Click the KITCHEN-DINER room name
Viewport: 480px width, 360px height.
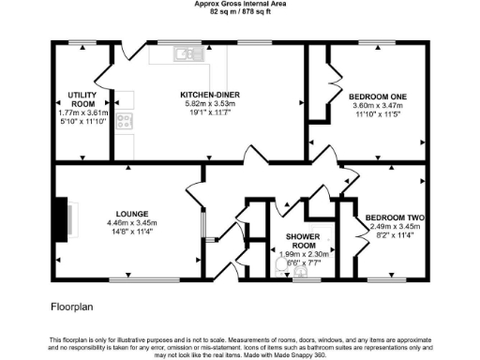(x=212, y=95)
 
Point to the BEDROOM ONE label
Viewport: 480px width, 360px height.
(x=378, y=97)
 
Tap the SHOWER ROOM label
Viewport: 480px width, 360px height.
(x=300, y=241)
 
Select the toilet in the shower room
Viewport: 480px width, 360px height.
(x=280, y=265)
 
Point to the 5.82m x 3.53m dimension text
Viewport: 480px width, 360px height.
(x=212, y=105)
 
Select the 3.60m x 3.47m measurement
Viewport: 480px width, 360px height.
(x=378, y=107)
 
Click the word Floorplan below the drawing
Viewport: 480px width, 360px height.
(x=73, y=306)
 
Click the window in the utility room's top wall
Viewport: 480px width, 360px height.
(x=82, y=42)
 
